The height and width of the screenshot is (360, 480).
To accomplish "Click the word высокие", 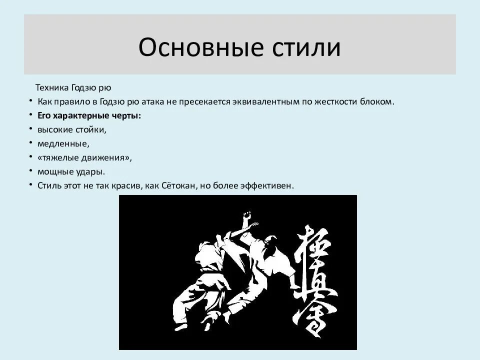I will coord(54,129).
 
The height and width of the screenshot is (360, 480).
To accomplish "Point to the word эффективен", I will coord(267,185).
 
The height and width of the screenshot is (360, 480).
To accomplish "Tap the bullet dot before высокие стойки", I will coord(30,129).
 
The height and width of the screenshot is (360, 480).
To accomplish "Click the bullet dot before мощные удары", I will coord(30,171).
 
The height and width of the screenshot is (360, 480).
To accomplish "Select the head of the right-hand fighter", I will coord(270,242).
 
